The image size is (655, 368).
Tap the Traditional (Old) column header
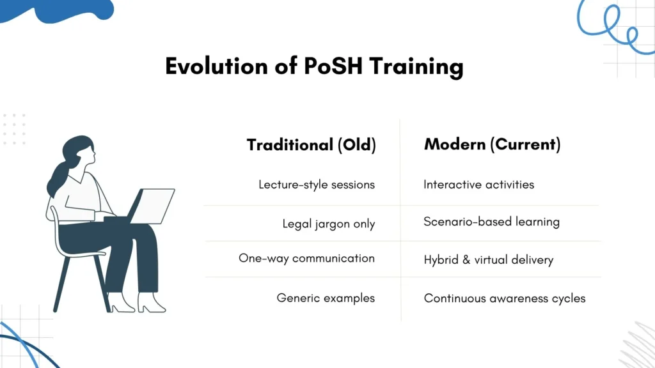point(311,145)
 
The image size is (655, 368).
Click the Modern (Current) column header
point(492,144)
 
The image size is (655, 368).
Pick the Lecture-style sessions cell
point(316,185)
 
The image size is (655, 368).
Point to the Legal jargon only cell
point(328,224)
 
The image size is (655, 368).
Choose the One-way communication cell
point(306,259)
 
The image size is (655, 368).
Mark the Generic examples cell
point(326,298)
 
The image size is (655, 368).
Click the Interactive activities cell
point(478,185)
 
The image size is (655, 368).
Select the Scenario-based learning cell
point(491,222)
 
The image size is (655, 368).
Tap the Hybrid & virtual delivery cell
point(488,260)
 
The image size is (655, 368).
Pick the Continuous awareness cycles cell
point(504,298)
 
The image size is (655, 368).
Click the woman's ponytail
point(58,179)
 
